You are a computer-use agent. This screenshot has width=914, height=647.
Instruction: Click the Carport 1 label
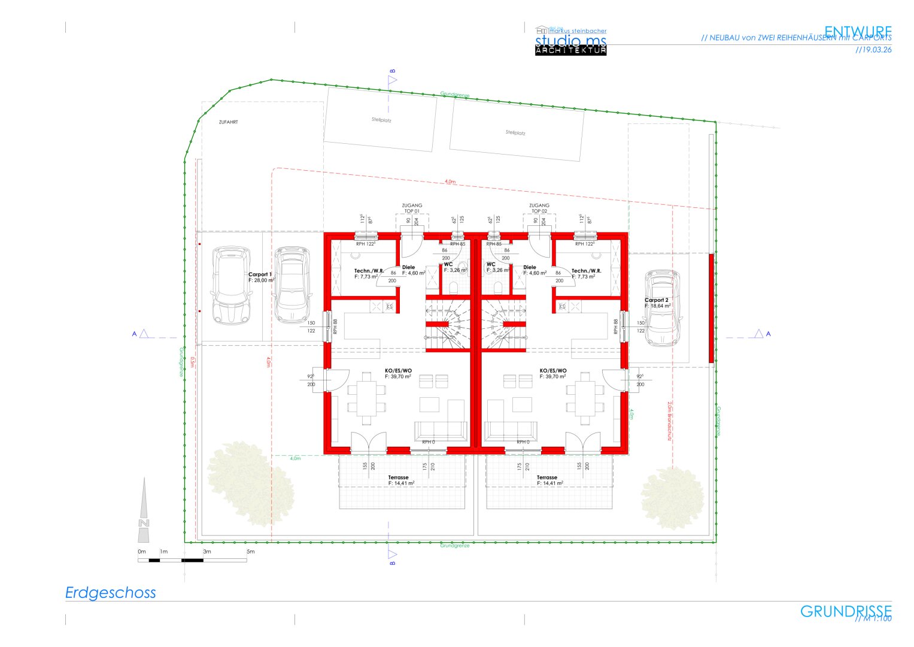(x=261, y=277)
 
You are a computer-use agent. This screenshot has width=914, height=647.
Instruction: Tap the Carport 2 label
(x=657, y=303)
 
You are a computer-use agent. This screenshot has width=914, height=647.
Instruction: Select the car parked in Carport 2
(x=662, y=308)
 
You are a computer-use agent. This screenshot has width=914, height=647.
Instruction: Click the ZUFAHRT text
(x=228, y=122)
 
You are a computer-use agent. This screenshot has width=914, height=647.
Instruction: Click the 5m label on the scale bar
(x=250, y=551)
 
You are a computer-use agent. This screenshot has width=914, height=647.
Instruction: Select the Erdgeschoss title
(x=111, y=592)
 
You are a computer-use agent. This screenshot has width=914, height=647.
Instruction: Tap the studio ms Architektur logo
(x=570, y=41)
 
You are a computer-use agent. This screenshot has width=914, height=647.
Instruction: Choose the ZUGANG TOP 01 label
(x=412, y=208)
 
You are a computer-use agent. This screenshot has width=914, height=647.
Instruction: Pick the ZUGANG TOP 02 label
(x=539, y=208)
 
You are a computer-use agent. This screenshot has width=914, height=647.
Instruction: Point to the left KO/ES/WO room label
(x=398, y=373)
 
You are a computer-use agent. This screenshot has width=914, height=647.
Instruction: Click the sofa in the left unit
(x=441, y=431)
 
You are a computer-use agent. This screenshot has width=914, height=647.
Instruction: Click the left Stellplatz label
(x=381, y=120)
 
